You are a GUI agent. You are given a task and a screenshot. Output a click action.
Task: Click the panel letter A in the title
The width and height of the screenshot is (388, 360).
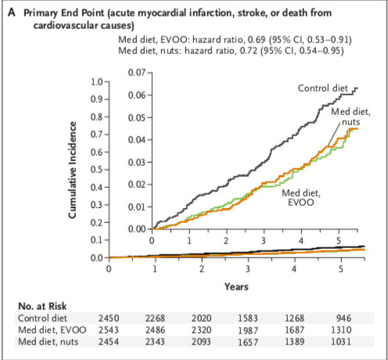[x=12, y=13]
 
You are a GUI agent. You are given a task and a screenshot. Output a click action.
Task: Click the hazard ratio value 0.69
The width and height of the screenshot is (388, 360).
[x=257, y=40]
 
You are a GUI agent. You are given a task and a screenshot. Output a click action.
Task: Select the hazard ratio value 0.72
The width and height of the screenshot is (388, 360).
[x=249, y=50]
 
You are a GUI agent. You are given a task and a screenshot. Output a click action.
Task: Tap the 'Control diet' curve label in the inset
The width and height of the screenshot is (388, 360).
[x=323, y=88]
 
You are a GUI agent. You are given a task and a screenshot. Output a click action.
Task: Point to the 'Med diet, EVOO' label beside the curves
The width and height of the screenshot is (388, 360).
[x=301, y=197]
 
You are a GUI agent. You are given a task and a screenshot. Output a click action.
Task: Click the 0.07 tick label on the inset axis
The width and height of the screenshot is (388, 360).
[x=136, y=72]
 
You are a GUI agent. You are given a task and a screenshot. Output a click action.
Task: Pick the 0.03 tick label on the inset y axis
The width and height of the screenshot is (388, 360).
[x=136, y=162]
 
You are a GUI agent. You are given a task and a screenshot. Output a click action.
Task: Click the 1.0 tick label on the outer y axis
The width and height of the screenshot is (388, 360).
[x=97, y=82]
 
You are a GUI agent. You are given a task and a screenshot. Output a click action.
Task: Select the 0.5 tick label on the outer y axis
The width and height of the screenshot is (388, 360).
[x=97, y=170]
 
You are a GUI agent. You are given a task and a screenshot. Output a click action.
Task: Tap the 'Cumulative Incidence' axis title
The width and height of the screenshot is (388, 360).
[x=73, y=170]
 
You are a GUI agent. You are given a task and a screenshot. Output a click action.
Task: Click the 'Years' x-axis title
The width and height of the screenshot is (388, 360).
[x=236, y=286]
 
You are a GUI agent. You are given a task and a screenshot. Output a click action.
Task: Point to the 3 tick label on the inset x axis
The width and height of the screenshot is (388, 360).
[x=264, y=240]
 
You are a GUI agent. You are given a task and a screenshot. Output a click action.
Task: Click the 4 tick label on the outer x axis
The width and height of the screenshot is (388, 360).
[x=294, y=268]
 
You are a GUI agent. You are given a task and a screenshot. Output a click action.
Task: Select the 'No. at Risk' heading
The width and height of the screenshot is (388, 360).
[x=42, y=306]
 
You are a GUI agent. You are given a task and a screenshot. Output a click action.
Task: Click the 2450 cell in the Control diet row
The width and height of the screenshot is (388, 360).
[x=109, y=319]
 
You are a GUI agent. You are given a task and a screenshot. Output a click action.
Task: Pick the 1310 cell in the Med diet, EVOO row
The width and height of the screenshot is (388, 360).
[x=341, y=330]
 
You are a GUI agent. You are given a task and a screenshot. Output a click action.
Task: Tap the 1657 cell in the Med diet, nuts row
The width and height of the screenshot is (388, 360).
[x=248, y=342]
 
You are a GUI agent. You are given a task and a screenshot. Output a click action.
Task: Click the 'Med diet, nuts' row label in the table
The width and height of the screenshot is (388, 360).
[x=48, y=342]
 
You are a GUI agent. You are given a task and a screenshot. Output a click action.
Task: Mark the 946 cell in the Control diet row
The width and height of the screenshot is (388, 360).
[x=343, y=319]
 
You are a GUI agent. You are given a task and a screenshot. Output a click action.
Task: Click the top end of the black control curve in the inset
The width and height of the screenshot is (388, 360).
[x=357, y=88]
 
